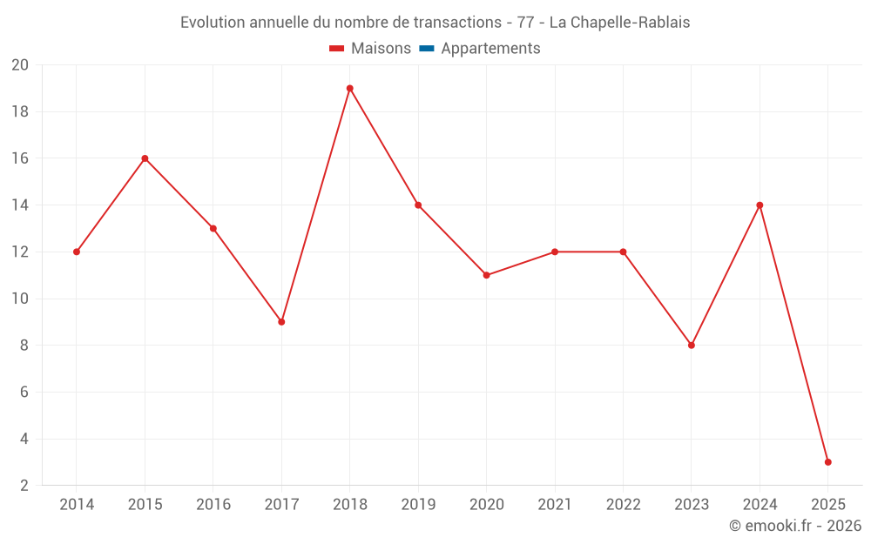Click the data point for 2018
pos(349,88)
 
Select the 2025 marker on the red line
pos(827,462)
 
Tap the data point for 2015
pos(145,158)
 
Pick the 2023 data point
pos(691,346)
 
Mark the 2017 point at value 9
pos(281,322)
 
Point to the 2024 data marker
pos(760,205)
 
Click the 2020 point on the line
pos(486,275)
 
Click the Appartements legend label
pos(490,49)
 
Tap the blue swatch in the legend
pos(426,49)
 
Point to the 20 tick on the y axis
pos(20,65)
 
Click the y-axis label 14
pos(20,205)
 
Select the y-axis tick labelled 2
pos(24,486)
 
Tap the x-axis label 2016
pos(213,505)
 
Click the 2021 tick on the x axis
pos(555,505)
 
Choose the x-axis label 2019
pos(418,505)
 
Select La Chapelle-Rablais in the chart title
pos(619,23)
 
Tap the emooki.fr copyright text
pos(795,526)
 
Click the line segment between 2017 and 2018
pos(315,205)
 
